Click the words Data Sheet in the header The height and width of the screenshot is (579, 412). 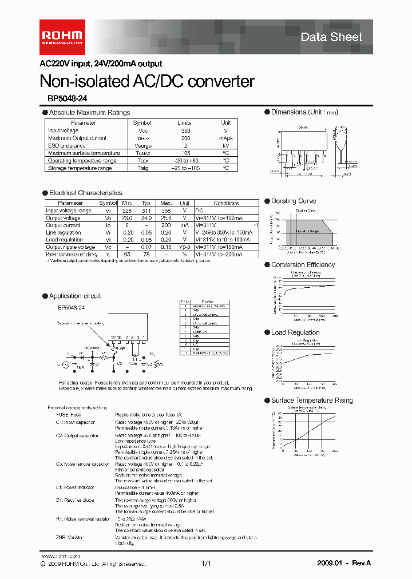click(331, 37)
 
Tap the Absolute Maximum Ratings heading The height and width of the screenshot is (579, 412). click(89, 113)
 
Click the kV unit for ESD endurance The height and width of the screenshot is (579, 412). click(226, 145)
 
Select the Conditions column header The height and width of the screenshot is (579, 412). click(226, 203)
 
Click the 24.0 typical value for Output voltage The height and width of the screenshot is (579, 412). click(146, 218)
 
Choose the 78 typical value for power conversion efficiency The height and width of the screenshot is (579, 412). click(146, 254)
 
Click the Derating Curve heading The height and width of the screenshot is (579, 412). click(293, 201)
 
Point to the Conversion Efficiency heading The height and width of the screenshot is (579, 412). click(303, 265)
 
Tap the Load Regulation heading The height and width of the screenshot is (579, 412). click(295, 332)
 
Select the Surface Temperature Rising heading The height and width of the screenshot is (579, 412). click(312, 400)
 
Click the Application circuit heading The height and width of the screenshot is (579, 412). click(75, 296)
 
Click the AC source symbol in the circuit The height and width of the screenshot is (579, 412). click(65, 364)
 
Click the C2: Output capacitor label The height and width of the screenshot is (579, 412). click(77, 436)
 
